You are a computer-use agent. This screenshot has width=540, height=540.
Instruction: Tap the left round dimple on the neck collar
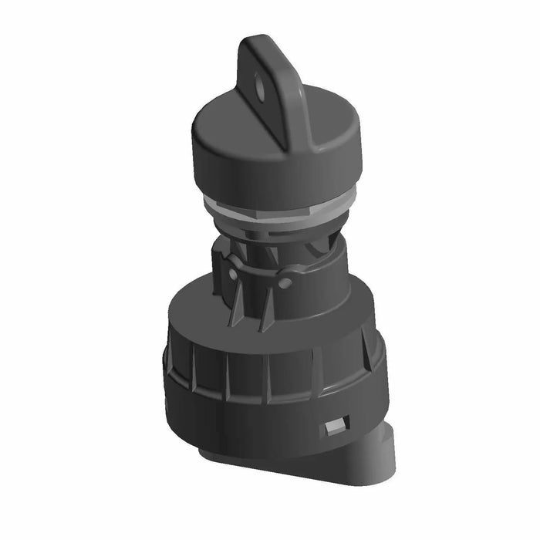click(x=233, y=274)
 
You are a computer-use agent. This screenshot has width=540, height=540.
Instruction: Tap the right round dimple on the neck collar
click(x=285, y=283)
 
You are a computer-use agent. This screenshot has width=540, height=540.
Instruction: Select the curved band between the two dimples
click(x=258, y=270)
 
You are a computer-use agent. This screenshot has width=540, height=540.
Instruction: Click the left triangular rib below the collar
click(x=238, y=309)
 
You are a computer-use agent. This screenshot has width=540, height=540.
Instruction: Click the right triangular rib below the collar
click(x=268, y=312)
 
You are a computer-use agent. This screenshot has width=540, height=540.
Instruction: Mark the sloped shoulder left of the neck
click(x=193, y=309)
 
